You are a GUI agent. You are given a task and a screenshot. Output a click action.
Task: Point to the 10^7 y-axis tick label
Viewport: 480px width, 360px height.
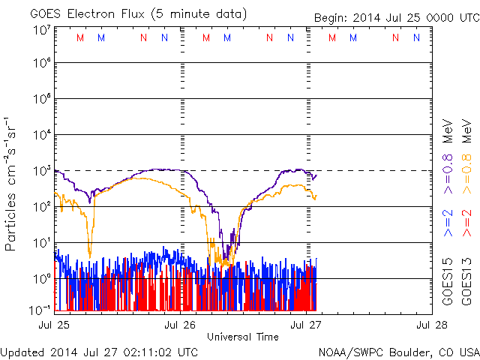[x=40, y=30]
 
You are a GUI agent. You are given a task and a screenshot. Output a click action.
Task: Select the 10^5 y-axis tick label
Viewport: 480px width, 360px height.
[x=40, y=100]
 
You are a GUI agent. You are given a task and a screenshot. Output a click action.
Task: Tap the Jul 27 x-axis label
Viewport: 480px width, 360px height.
[x=306, y=325]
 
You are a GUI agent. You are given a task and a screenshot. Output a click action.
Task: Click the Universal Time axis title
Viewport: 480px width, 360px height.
[x=243, y=337]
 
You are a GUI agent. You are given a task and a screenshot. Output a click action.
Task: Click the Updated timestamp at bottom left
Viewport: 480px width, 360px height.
[x=100, y=352]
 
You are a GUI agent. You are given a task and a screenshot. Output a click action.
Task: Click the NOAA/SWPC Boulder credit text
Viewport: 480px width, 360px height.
[x=398, y=352]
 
